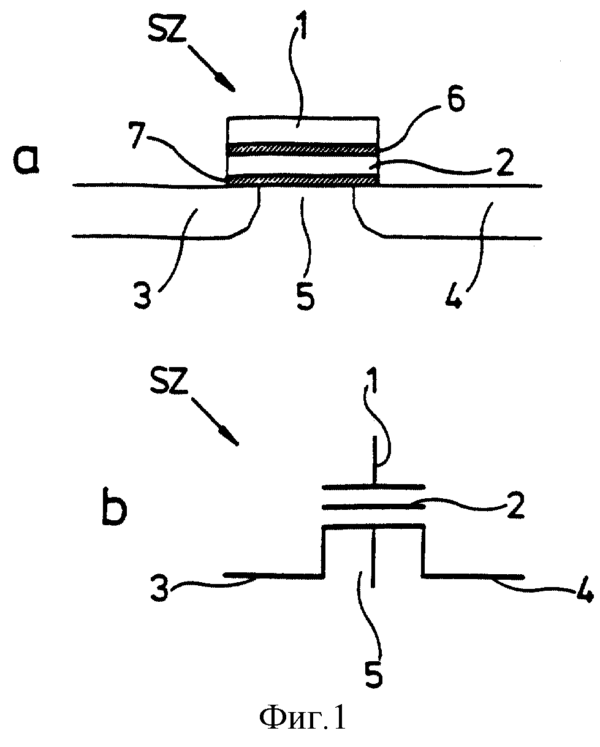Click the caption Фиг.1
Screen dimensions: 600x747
click(302, 719)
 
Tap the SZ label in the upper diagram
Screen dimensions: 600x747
click(167, 29)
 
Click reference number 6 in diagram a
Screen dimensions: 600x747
click(455, 99)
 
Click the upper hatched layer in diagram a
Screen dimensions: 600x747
click(302, 149)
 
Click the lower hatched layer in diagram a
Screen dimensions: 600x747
click(302, 180)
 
